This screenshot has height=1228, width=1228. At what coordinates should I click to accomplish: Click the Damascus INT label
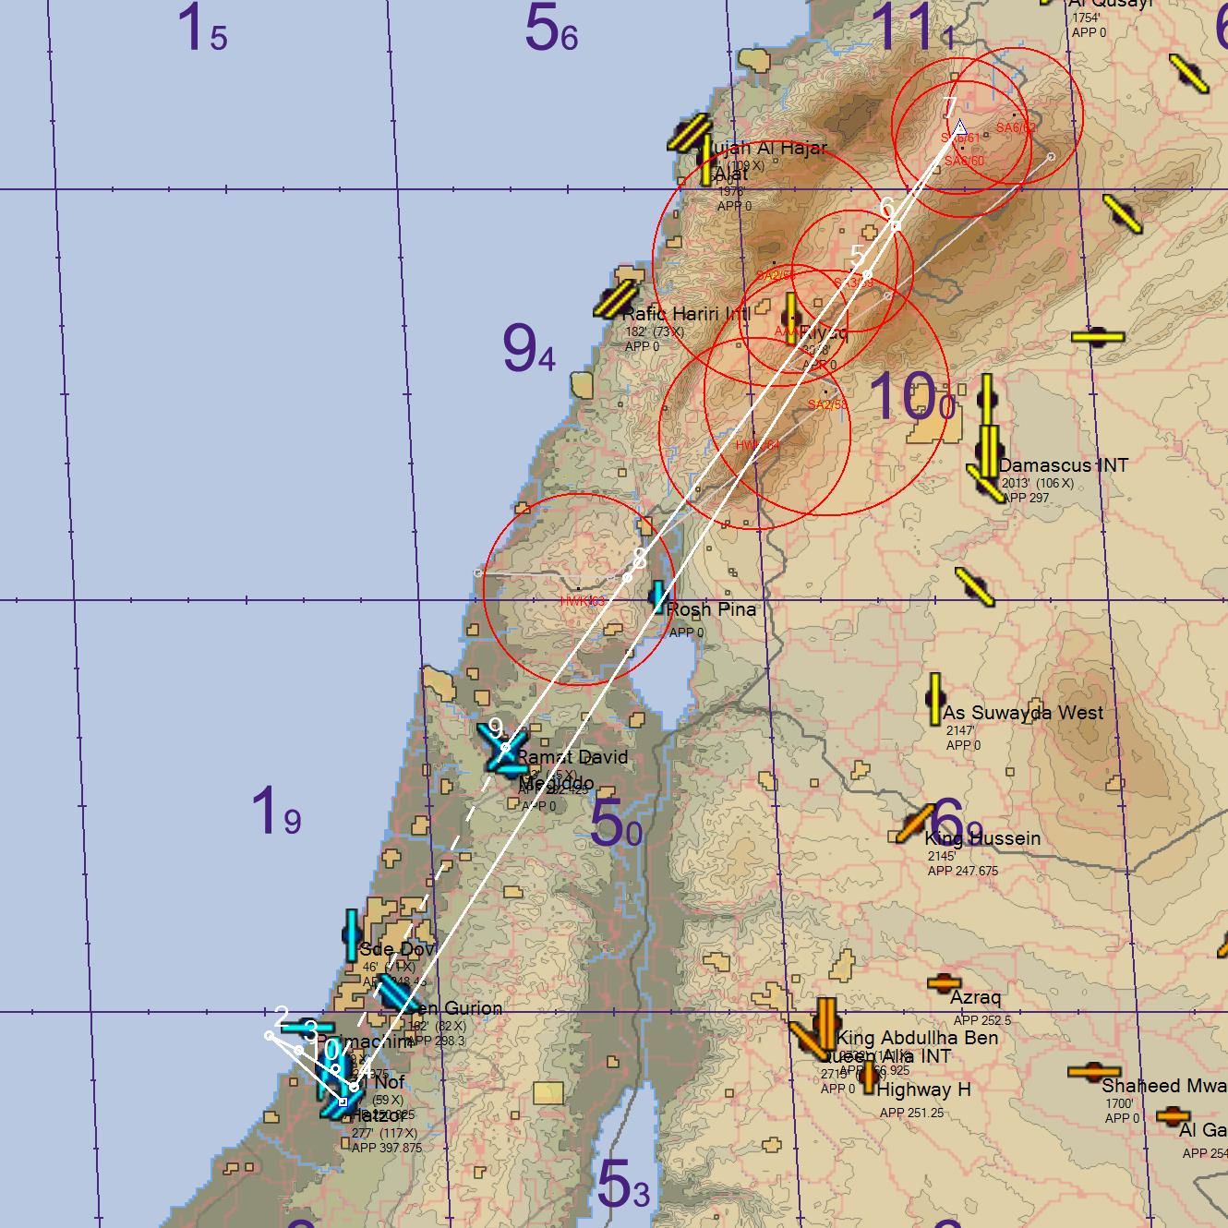tap(1063, 465)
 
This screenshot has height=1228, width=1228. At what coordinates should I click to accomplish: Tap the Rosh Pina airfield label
tap(710, 609)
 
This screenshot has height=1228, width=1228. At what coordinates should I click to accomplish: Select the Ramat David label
tap(571, 757)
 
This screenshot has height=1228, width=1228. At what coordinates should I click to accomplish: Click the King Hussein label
tap(982, 838)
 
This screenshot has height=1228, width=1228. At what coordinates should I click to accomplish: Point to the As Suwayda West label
tap(1022, 713)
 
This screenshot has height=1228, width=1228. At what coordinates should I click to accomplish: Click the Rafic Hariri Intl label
tap(686, 314)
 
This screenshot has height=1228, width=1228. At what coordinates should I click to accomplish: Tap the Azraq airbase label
tap(975, 998)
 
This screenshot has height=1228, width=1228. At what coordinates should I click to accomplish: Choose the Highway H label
tap(923, 1090)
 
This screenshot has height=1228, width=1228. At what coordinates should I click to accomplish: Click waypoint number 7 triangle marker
tap(959, 127)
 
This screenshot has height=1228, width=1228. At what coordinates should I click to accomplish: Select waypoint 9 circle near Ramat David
tap(505, 747)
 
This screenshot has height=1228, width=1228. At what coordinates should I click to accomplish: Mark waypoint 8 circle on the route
tap(627, 577)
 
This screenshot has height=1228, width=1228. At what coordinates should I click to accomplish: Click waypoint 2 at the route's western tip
tap(270, 1035)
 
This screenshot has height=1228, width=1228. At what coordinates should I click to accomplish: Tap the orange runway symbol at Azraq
tap(944, 983)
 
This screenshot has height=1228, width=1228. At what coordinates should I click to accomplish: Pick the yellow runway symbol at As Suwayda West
tap(934, 699)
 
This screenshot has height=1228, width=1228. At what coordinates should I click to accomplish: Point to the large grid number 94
tap(529, 349)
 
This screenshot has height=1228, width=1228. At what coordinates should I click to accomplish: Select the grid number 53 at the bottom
tap(623, 1184)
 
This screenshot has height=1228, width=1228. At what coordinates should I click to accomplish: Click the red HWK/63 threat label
tap(582, 601)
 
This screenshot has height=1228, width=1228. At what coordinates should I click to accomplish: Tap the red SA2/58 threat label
tap(827, 404)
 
